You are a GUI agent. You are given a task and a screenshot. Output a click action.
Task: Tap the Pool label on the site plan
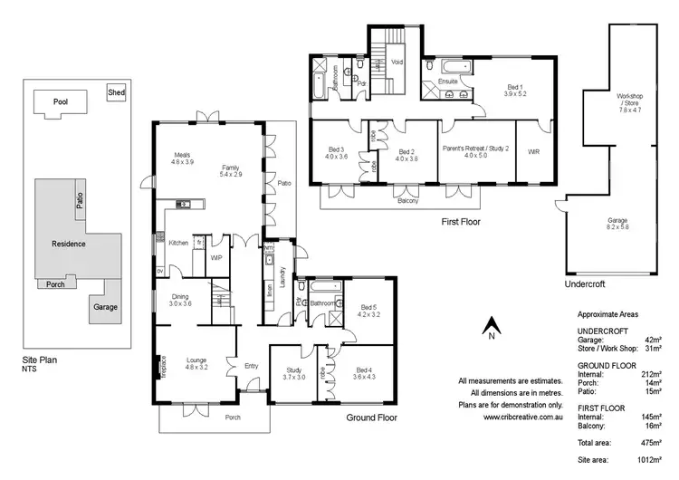click(61, 102)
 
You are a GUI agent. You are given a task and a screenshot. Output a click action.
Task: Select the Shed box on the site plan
click(116, 92)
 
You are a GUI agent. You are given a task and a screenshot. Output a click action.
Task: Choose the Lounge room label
click(196, 364)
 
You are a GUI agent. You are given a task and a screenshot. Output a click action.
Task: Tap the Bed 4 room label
click(363, 372)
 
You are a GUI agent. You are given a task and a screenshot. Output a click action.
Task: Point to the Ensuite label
click(447, 82)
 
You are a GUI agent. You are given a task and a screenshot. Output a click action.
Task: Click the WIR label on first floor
click(533, 152)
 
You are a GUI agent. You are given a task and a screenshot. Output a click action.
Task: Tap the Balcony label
click(408, 200)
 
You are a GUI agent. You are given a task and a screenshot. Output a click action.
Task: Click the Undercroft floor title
click(584, 284)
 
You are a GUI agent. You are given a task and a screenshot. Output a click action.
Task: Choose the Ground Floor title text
click(373, 418)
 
